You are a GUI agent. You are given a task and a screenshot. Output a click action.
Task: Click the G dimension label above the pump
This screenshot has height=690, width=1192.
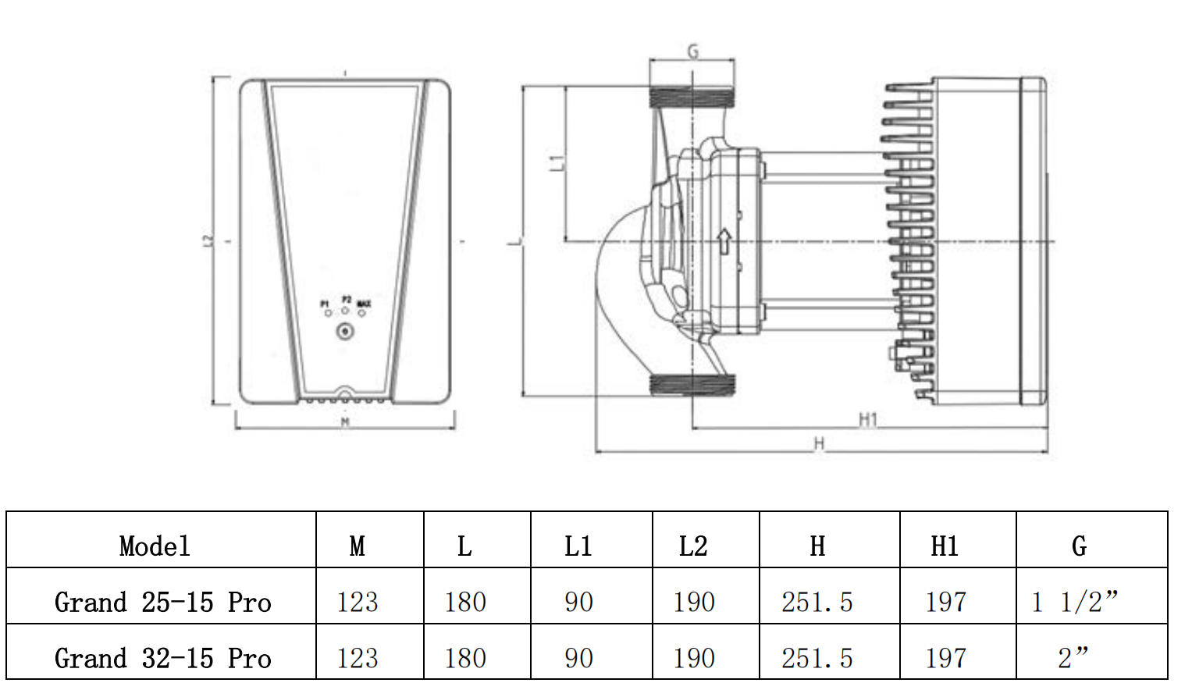[x=692, y=52]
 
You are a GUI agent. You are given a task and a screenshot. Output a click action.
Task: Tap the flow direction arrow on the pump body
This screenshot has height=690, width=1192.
[x=724, y=241]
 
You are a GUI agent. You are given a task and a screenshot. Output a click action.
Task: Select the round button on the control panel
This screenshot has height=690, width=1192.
[x=345, y=332]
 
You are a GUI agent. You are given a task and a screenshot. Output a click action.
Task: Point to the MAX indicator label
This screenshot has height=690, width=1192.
[x=363, y=304]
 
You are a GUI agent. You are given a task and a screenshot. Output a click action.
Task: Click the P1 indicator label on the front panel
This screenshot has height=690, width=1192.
[x=326, y=304]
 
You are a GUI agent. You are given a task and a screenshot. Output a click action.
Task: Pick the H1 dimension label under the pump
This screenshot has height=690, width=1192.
[x=868, y=420]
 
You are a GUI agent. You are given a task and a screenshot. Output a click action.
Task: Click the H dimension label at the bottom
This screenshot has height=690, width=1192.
[x=819, y=444]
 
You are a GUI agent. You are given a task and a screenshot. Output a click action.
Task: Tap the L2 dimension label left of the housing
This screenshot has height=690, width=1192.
[x=208, y=241]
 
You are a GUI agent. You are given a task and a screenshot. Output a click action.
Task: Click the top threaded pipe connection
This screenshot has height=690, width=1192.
[x=692, y=97]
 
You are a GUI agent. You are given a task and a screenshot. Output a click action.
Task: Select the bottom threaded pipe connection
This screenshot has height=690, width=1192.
[x=692, y=384]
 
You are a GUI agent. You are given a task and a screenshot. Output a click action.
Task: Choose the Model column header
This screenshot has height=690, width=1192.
[x=155, y=546]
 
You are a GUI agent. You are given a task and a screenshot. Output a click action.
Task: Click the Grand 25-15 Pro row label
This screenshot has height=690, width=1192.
[x=162, y=602]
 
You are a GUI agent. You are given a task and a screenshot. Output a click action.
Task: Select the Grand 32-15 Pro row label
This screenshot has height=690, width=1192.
[x=162, y=658]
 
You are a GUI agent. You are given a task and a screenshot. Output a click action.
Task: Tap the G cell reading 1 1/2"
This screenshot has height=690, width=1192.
[x=1075, y=602]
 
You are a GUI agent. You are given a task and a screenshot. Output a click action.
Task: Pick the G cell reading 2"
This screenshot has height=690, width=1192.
[x=1073, y=658]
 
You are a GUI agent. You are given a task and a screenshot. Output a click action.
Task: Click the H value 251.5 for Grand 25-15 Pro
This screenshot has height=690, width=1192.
[x=817, y=602]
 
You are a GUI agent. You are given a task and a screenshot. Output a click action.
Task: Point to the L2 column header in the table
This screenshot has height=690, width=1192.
[x=693, y=546]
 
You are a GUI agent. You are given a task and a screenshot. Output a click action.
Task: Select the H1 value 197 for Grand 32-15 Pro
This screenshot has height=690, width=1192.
[x=945, y=658]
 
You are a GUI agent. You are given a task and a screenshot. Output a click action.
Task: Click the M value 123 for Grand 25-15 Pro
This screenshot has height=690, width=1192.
[x=358, y=602]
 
